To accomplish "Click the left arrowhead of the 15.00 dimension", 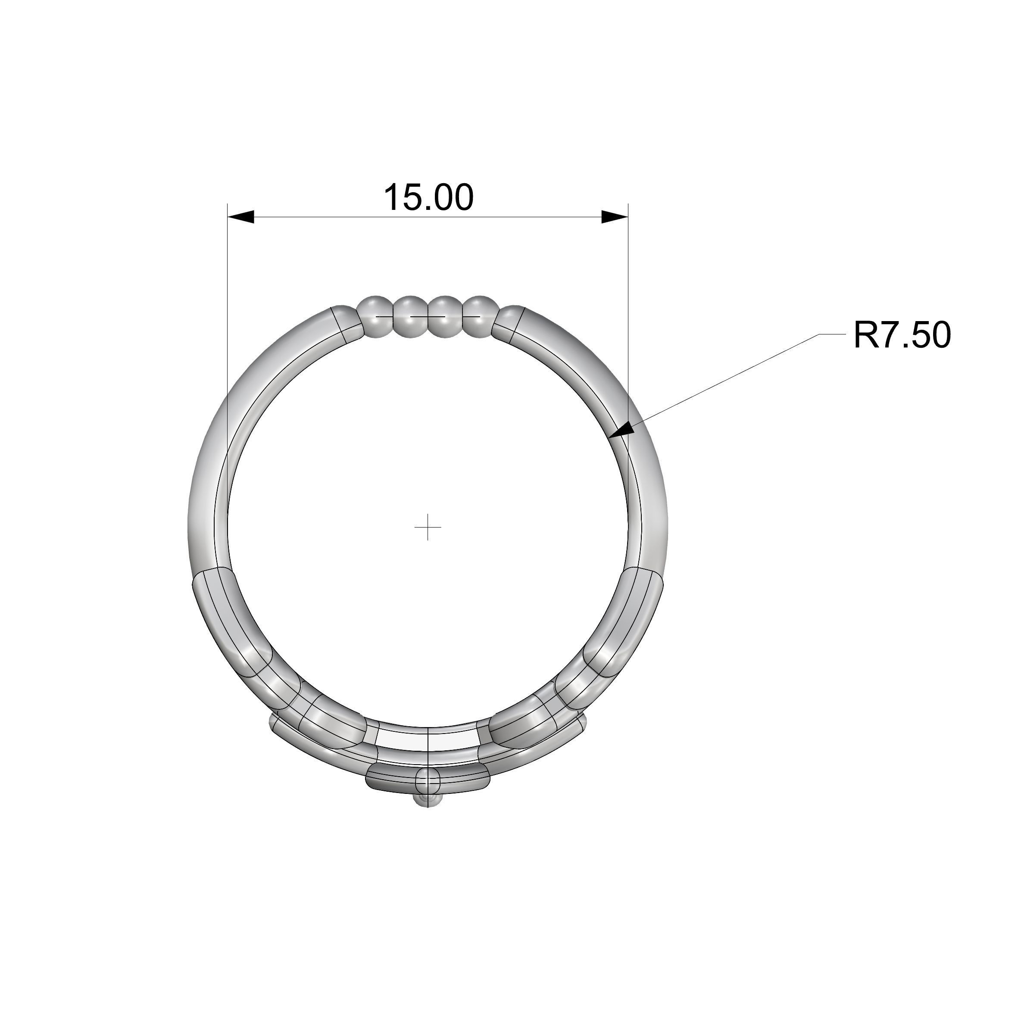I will click(x=241, y=216).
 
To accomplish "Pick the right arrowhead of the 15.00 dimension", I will click(x=615, y=216).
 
